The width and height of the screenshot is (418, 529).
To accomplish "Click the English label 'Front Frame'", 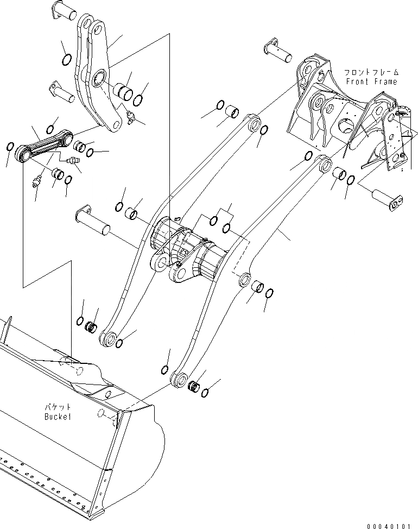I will (x=372, y=81).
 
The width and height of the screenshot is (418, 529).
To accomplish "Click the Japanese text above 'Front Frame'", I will (x=371, y=72).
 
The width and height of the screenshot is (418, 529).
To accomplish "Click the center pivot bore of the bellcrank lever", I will (x=99, y=77).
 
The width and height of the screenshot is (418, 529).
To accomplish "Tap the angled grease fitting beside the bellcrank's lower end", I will (x=130, y=116).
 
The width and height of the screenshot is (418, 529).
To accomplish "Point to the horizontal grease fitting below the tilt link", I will (x=69, y=161).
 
